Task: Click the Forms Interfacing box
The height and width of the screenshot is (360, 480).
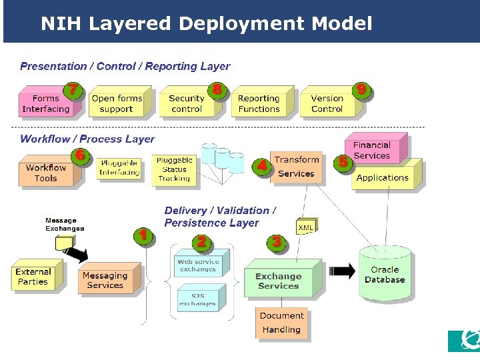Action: [x=45, y=103]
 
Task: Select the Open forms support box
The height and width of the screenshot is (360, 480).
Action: [x=117, y=103]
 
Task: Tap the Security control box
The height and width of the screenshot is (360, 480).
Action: [x=186, y=103]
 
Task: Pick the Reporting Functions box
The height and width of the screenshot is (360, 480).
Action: [x=259, y=103]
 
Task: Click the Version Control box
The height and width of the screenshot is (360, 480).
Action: [x=327, y=103]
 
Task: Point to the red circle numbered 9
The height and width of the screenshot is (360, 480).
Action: [x=361, y=89]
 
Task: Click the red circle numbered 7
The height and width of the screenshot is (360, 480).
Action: [x=73, y=89]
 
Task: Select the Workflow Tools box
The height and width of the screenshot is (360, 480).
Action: [x=46, y=173]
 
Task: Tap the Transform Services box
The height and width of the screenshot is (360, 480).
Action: [x=296, y=167]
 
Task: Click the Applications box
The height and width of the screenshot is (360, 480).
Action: [x=383, y=177]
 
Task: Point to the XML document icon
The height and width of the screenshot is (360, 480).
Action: [x=306, y=227]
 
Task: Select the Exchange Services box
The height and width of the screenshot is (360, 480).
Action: [x=278, y=281]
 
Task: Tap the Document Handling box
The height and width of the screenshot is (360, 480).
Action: [x=281, y=323]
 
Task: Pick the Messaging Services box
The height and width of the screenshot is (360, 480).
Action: [x=105, y=280]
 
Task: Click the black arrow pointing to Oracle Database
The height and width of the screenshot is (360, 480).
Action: [x=343, y=271]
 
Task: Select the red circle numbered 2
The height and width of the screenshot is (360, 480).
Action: [x=201, y=241]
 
